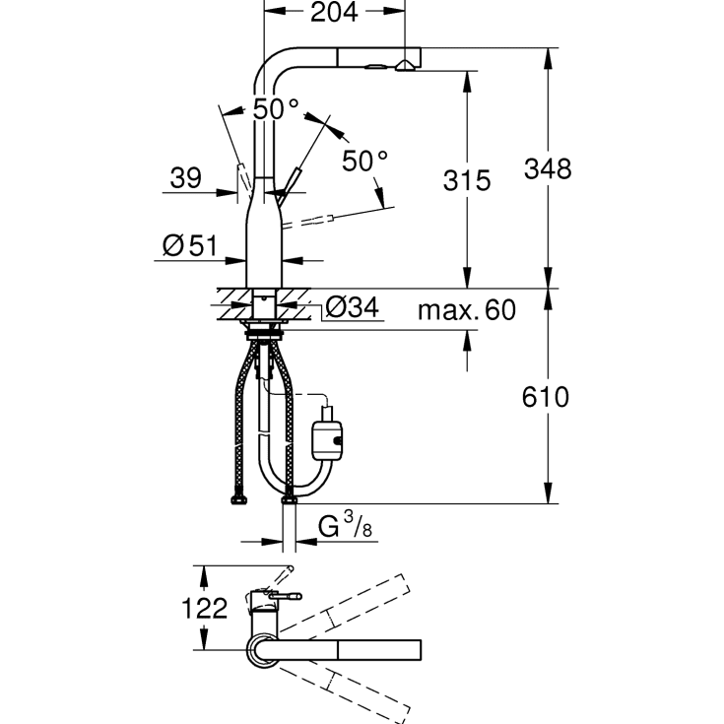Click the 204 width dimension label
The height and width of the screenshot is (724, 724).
pos(335,13)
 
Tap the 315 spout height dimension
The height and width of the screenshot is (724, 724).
pos(467,181)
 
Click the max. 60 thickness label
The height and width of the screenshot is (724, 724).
pos(466,310)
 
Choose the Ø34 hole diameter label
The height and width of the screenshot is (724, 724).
pos(352,308)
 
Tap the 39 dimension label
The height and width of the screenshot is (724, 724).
pos(186,178)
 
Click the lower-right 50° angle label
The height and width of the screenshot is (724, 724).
pos(365,160)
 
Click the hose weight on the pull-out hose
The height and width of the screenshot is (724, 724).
pos(328,434)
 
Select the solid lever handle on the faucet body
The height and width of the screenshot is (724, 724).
pos(291,182)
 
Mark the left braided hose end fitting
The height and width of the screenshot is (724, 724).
pos(240,501)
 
